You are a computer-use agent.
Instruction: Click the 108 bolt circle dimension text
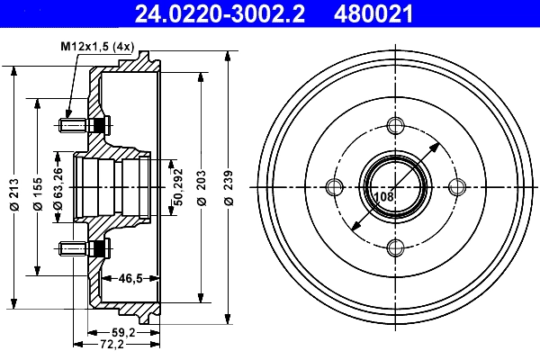(x=383, y=195)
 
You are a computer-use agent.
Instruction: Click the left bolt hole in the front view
(x=335, y=186)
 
